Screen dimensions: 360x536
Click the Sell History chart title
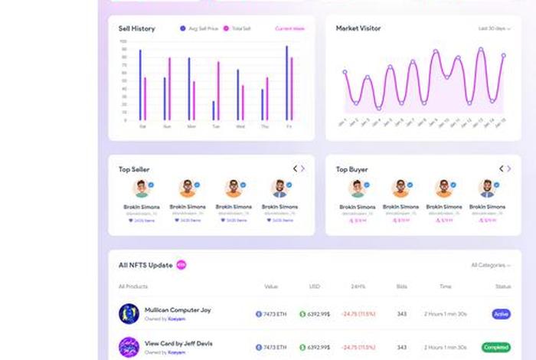click(136, 28)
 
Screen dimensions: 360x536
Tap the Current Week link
click(289, 28)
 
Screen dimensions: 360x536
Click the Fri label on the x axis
click(289, 126)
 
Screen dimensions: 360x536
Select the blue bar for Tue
click(214, 110)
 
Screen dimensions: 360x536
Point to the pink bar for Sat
click(145, 99)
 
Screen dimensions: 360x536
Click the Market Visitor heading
click(358, 28)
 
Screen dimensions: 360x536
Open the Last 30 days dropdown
click(494, 28)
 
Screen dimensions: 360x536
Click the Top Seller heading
click(134, 169)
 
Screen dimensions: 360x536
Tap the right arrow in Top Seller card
click(302, 169)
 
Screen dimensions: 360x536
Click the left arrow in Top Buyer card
click(502, 169)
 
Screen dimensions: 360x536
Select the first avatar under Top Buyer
click(357, 188)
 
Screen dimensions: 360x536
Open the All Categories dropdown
click(490, 265)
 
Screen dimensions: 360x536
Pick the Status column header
click(502, 286)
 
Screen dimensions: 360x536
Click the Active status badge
click(502, 314)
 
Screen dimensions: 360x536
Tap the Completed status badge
click(496, 347)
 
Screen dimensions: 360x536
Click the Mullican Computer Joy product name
click(178, 310)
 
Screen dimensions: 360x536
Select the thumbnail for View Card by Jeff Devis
click(129, 347)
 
